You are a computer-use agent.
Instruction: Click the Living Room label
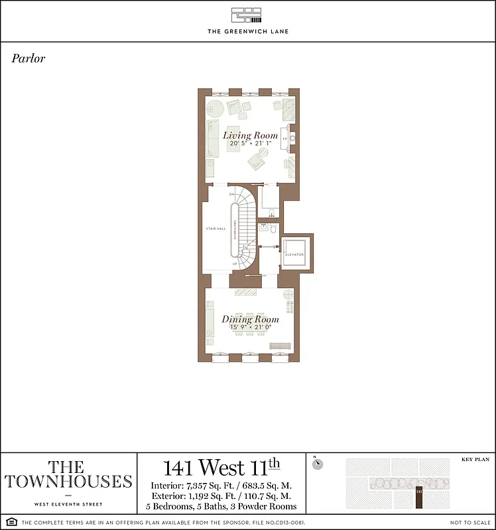[250, 135]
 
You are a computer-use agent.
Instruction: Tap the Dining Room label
[250, 319]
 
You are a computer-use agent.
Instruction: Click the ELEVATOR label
[294, 254]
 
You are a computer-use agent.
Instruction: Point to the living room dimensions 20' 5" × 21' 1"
[250, 143]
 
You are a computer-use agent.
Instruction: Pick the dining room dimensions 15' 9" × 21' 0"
[250, 327]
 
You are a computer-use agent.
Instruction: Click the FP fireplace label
[284, 139]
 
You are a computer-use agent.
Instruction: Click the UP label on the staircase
[234, 264]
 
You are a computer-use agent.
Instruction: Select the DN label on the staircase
[231, 194]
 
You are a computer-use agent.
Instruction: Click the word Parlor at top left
[29, 58]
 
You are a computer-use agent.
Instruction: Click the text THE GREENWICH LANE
[247, 31]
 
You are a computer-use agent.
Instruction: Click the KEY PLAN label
[474, 458]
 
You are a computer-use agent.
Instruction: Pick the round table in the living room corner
[214, 107]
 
